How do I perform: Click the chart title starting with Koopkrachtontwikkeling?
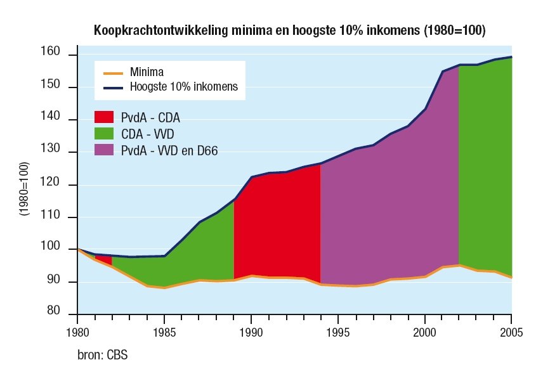[290, 30]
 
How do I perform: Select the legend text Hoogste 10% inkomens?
[184, 87]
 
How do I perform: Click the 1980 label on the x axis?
[77, 331]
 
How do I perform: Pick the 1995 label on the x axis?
[337, 331]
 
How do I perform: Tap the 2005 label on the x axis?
[511, 331]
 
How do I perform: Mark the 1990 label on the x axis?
[251, 331]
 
